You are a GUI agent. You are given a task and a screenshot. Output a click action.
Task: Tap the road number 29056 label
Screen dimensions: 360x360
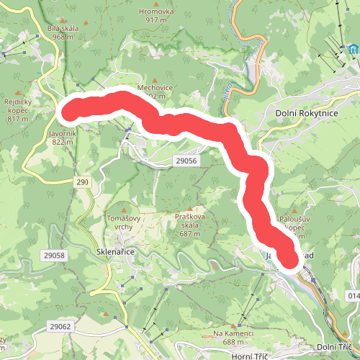186,163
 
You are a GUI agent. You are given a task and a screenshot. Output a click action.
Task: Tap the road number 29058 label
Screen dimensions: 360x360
53,256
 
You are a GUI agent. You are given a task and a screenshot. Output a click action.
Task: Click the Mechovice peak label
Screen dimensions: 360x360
155,89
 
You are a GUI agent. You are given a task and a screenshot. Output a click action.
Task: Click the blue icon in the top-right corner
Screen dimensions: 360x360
353,50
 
